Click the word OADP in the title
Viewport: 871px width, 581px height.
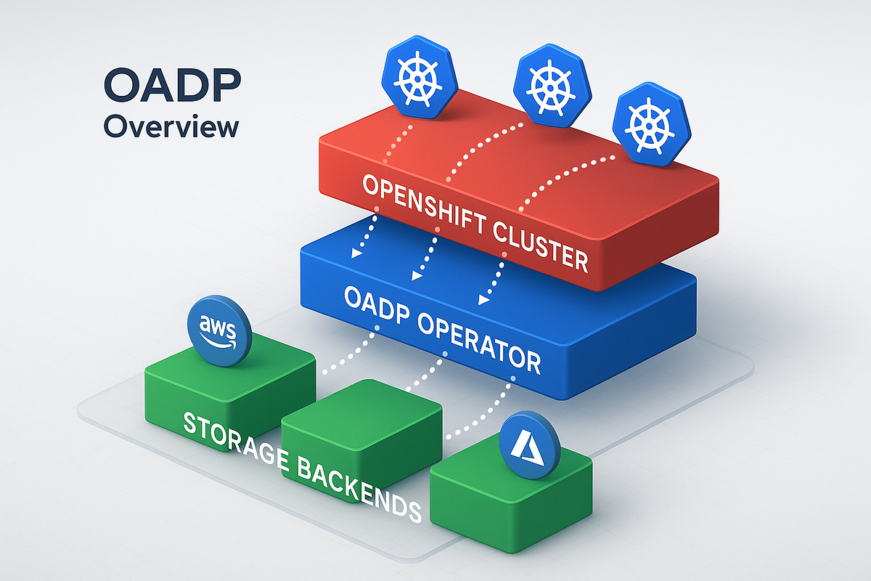172,86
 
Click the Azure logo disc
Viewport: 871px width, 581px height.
531,445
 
